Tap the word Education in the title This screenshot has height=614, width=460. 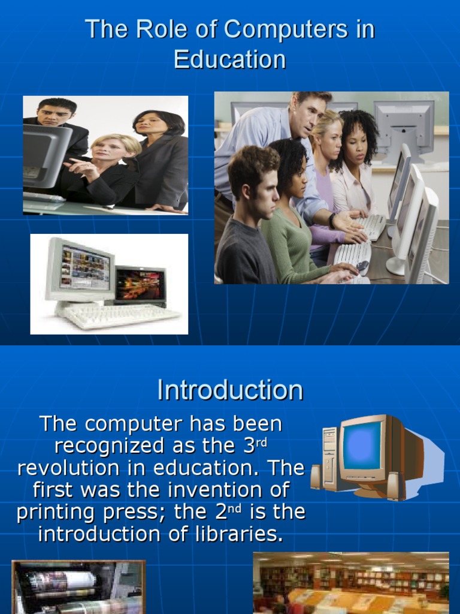pyautogui.click(x=230, y=59)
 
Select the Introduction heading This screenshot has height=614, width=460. pyautogui.click(x=230, y=390)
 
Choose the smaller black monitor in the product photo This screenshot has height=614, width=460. pyautogui.click(x=140, y=285)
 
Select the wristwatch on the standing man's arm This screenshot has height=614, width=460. pyautogui.click(x=332, y=221)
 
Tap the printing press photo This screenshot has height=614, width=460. pyautogui.click(x=78, y=587)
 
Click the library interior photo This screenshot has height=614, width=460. pyautogui.click(x=351, y=583)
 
